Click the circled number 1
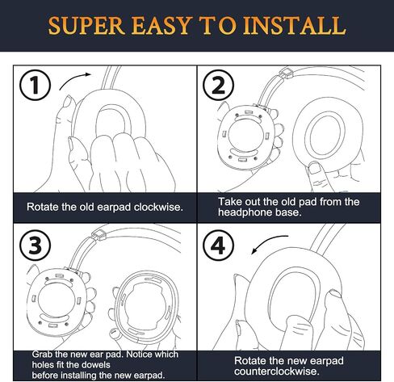click(x=35, y=85)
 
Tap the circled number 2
click(x=218, y=85)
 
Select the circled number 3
click(x=35, y=245)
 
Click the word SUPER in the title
click(x=86, y=26)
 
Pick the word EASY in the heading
click(x=161, y=26)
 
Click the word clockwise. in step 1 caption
click(x=158, y=207)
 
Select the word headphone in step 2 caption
click(x=245, y=212)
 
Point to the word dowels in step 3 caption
click(x=96, y=365)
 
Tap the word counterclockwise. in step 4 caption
click(x=276, y=372)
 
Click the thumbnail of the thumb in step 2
click(x=313, y=168)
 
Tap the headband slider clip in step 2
click(x=286, y=73)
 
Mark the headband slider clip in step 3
click(x=99, y=235)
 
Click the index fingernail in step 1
click(x=67, y=103)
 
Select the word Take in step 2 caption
click(x=229, y=202)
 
